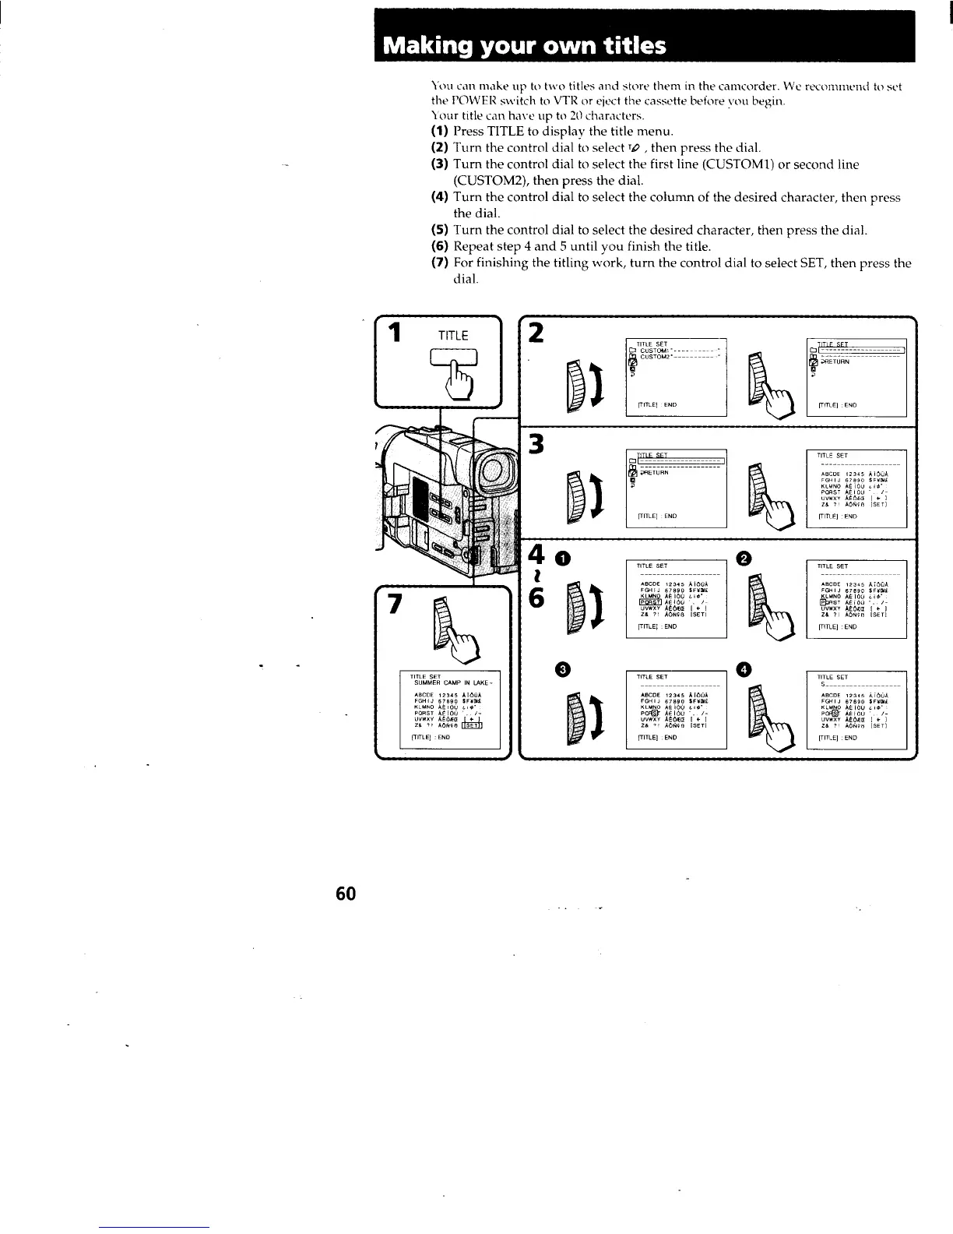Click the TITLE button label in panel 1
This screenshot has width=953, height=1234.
coord(452,336)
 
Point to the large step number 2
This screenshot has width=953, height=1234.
coord(536,333)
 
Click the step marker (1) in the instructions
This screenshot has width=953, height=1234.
coord(440,131)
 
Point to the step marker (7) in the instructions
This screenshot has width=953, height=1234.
coord(440,263)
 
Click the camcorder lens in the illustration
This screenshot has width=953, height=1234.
coord(493,473)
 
